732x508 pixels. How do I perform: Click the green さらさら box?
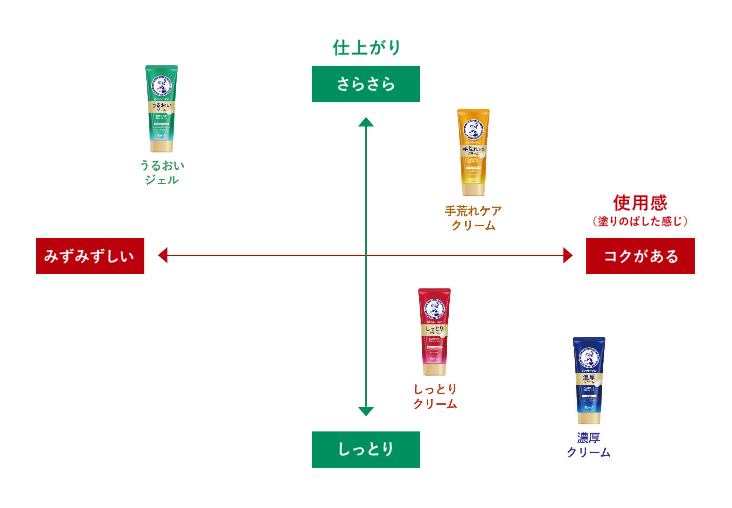[x=366, y=84]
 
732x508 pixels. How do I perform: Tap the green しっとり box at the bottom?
[x=366, y=449]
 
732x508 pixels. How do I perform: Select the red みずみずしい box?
[x=90, y=256]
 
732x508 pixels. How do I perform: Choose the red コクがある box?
[x=640, y=256]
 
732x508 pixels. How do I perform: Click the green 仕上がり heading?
[x=366, y=48]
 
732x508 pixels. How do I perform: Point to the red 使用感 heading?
[x=640, y=203]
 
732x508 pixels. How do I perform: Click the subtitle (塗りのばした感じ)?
[x=640, y=221]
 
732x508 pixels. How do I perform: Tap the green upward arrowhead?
[x=366, y=123]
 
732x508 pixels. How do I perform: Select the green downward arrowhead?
[x=366, y=411]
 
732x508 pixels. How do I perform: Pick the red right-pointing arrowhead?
[x=568, y=255]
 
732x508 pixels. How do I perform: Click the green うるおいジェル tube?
[x=162, y=108]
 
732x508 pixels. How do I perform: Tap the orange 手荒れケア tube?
[x=473, y=152]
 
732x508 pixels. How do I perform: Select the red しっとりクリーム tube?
[x=434, y=332]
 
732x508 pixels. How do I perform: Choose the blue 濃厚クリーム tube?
[x=589, y=380]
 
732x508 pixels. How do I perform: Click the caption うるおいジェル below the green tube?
[x=162, y=173]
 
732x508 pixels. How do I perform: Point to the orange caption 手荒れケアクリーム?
[x=473, y=218]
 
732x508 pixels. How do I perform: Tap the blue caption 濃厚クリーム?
[x=589, y=445]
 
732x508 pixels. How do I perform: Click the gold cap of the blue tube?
[x=589, y=418]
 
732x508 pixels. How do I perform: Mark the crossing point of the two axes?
[x=366, y=255]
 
